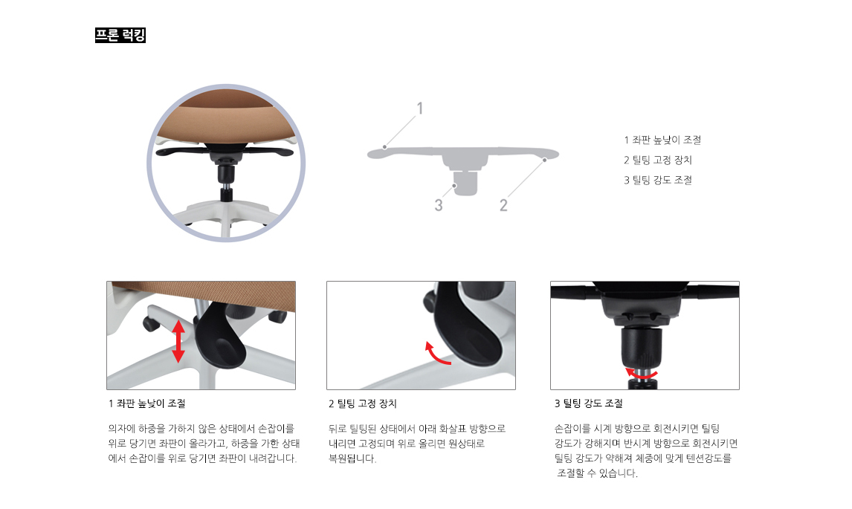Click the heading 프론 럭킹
(x=120, y=35)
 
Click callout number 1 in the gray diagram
(x=420, y=108)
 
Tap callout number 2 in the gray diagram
(x=503, y=205)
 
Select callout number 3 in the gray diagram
(x=439, y=205)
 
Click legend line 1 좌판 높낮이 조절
(x=662, y=140)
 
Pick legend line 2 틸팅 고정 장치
(x=658, y=160)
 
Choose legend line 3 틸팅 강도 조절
(x=658, y=180)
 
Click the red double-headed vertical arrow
(x=178, y=341)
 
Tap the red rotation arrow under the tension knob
(x=641, y=374)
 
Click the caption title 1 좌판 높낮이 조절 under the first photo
(x=146, y=404)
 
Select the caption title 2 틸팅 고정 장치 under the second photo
(x=363, y=404)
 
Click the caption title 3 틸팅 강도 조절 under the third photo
(x=589, y=404)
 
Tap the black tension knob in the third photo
(x=644, y=349)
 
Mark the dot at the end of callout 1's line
(x=384, y=147)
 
